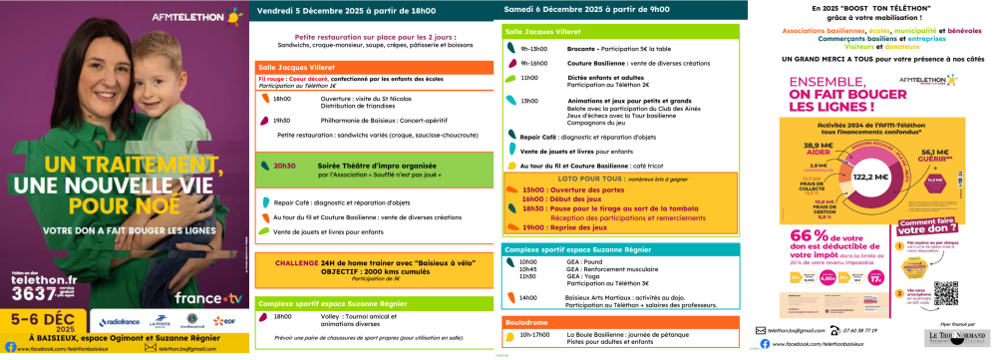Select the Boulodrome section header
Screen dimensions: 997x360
[x=529, y=320]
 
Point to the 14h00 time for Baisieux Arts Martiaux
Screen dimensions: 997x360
[x=529, y=296]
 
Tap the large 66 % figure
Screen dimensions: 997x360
[x=804, y=241]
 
